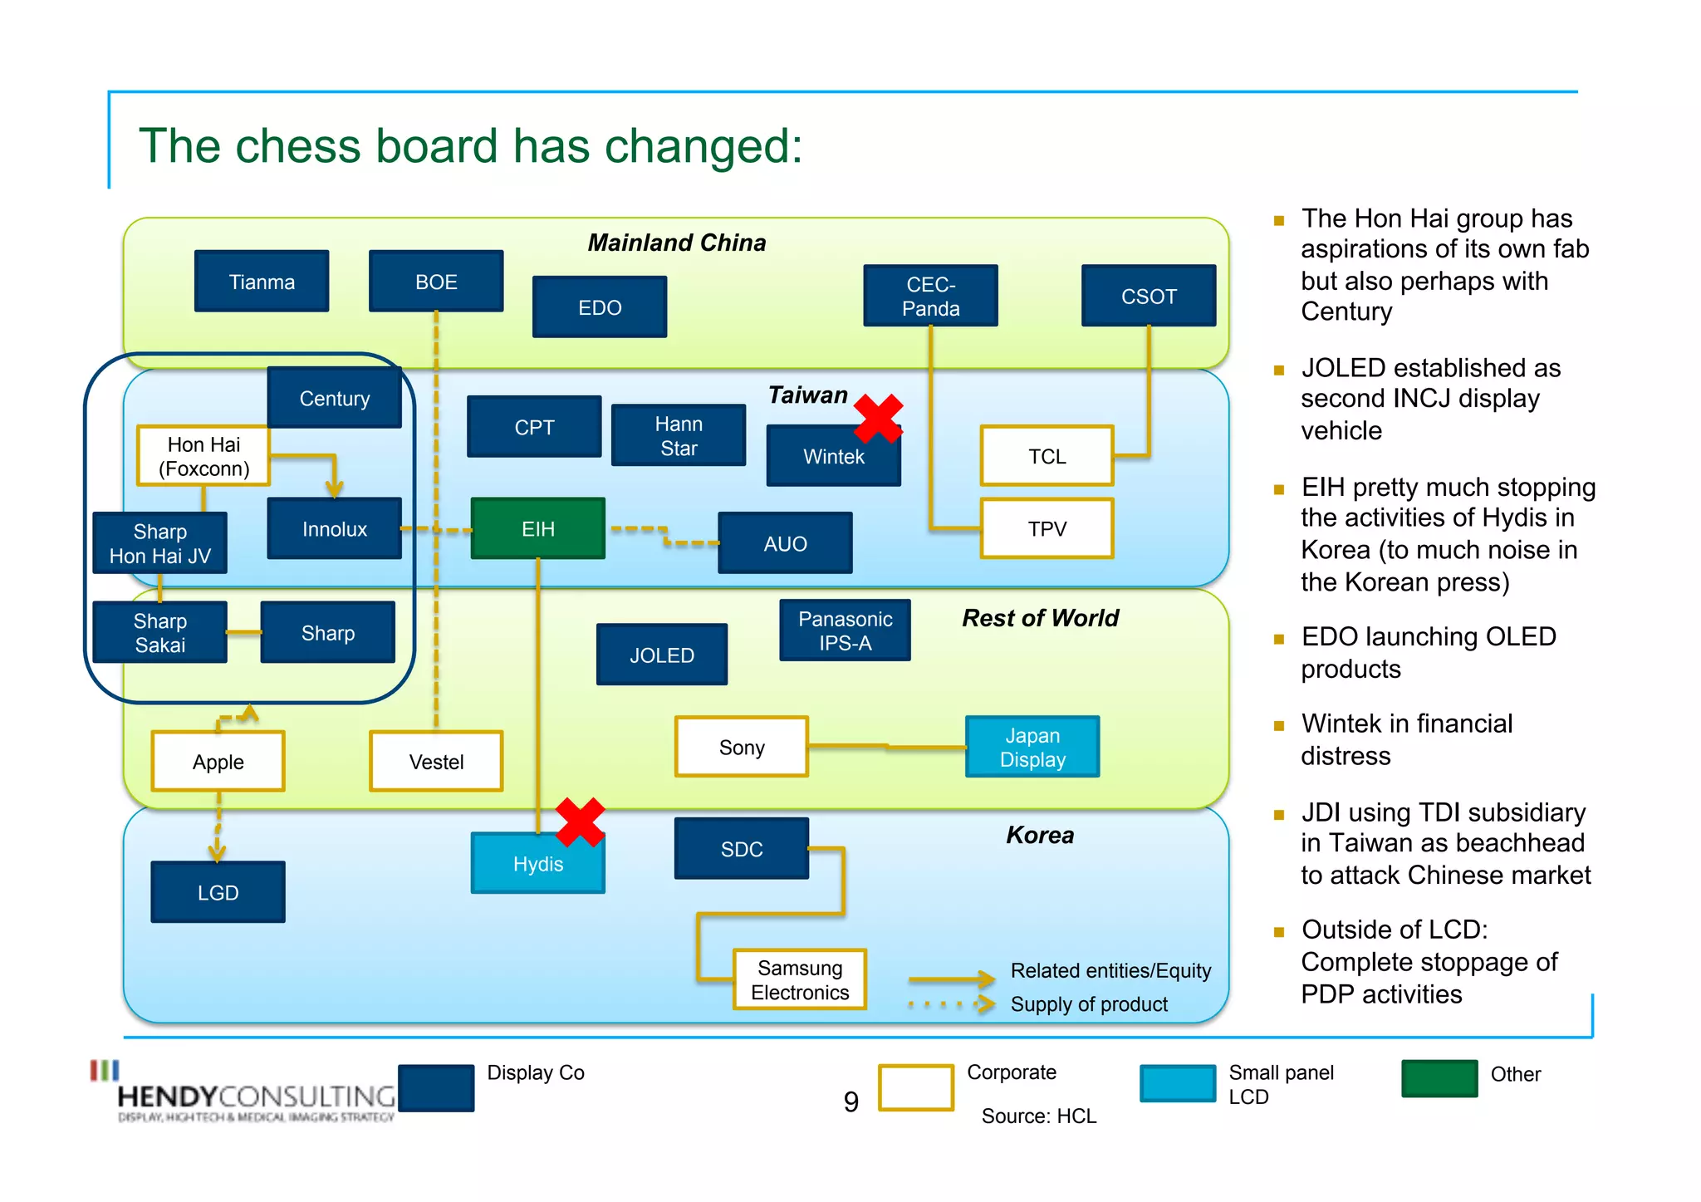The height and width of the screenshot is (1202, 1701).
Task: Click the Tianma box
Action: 262,282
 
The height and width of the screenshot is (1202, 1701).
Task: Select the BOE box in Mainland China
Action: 436,282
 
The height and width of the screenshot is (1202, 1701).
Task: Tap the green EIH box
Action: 537,528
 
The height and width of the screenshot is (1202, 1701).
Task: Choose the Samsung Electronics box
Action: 800,979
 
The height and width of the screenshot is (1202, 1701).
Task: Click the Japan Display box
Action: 1032,747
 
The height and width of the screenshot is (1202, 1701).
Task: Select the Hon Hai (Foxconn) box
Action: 203,456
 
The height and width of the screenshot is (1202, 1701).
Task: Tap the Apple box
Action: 218,761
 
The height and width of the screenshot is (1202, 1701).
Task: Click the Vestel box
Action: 436,761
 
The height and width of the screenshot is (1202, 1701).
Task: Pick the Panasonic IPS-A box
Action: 845,630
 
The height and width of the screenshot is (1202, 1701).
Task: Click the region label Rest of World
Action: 1040,618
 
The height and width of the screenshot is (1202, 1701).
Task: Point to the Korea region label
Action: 1040,835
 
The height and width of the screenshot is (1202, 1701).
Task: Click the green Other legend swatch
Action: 1439,1078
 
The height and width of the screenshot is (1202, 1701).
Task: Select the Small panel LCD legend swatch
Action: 1178,1083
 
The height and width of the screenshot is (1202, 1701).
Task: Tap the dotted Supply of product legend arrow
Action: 951,1004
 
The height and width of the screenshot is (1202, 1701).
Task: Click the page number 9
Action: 850,1101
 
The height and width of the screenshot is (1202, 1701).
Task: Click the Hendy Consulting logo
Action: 249,1095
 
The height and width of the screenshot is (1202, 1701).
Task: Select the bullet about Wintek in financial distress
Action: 1406,739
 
